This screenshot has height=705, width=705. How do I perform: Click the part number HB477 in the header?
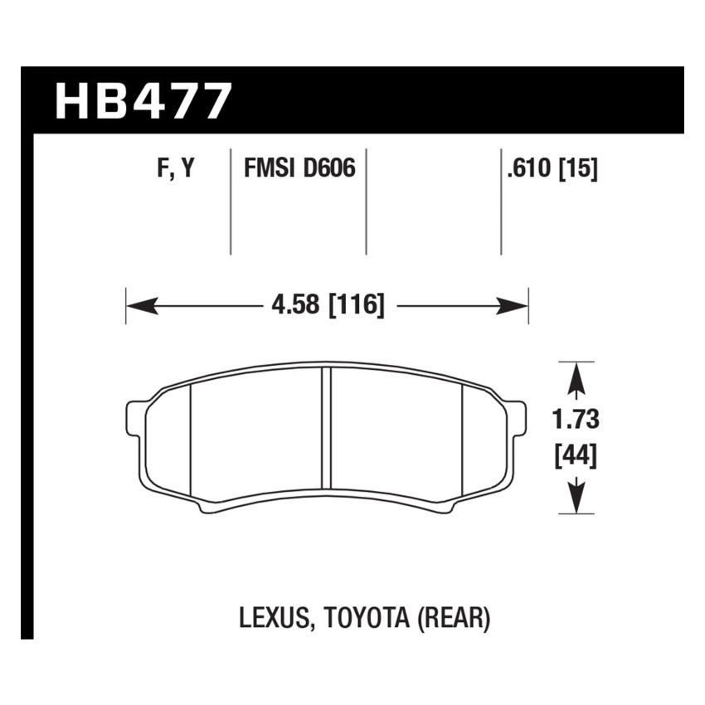point(142,100)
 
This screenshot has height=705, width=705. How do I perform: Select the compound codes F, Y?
point(175,168)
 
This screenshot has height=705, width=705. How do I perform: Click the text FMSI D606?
point(299,168)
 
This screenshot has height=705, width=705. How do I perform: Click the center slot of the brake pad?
point(326,427)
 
